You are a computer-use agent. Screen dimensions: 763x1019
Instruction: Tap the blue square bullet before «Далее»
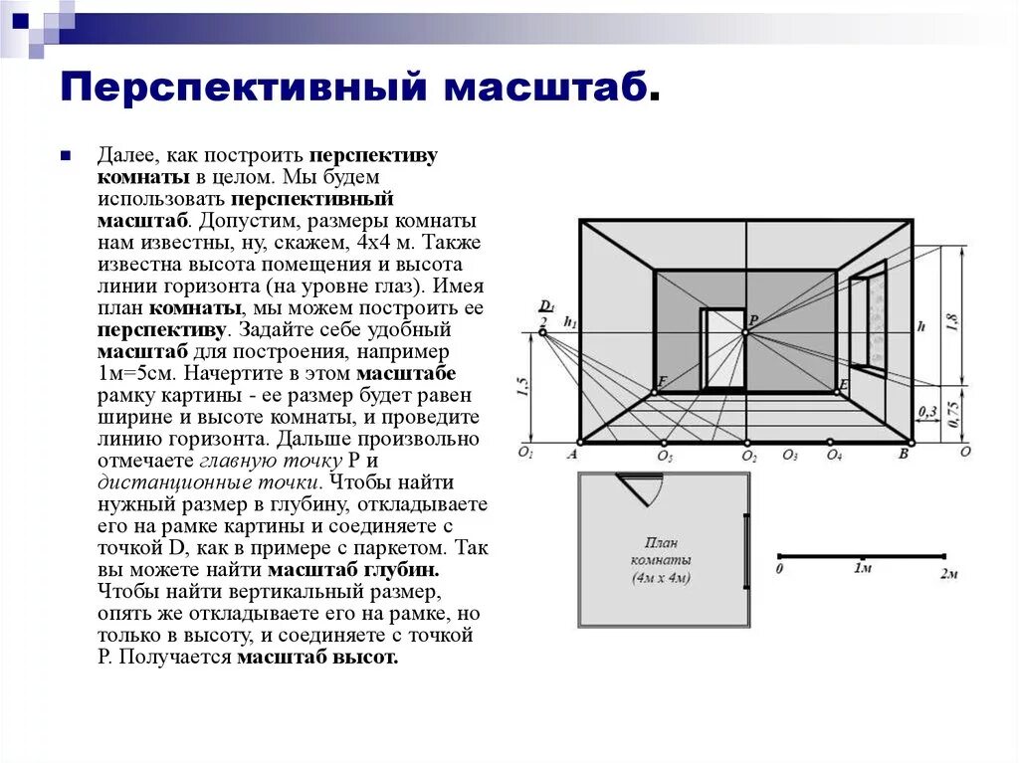(64, 157)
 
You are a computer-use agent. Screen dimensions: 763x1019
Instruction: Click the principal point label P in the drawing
(754, 319)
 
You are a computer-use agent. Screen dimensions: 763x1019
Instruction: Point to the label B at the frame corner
(903, 455)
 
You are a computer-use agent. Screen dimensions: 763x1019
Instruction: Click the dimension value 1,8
(952, 322)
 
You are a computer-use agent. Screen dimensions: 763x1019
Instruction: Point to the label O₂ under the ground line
(748, 457)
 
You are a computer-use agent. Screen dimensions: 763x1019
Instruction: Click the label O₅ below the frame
(665, 457)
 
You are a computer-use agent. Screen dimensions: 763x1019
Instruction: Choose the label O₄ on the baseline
(833, 456)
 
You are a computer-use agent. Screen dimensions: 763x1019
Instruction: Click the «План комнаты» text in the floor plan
(661, 551)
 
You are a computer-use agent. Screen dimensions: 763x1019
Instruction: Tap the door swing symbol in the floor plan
(640, 486)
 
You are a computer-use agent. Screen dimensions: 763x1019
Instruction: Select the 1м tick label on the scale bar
(862, 568)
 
